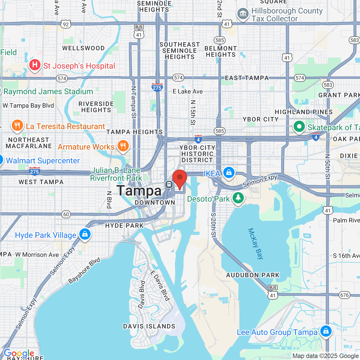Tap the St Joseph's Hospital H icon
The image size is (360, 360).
(35, 65)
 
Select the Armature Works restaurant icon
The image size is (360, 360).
(123, 146)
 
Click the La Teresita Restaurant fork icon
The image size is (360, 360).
(17, 126)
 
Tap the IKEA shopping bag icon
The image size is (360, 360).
(229, 172)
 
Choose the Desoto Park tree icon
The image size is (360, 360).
(238, 197)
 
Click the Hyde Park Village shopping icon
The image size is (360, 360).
(85, 234)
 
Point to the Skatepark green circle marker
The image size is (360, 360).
(299, 127)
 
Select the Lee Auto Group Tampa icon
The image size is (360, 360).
(326, 331)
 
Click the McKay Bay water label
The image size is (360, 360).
(256, 244)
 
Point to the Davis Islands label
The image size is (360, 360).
(149, 326)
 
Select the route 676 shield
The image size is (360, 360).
(345, 295)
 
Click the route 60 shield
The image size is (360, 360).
(66, 214)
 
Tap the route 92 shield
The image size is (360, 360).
(66, 24)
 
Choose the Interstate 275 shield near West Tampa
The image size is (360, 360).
(35, 171)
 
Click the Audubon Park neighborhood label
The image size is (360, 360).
(253, 275)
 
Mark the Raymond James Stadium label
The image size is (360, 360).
(48, 92)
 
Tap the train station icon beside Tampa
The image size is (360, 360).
(169, 184)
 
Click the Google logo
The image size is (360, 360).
(19, 353)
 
